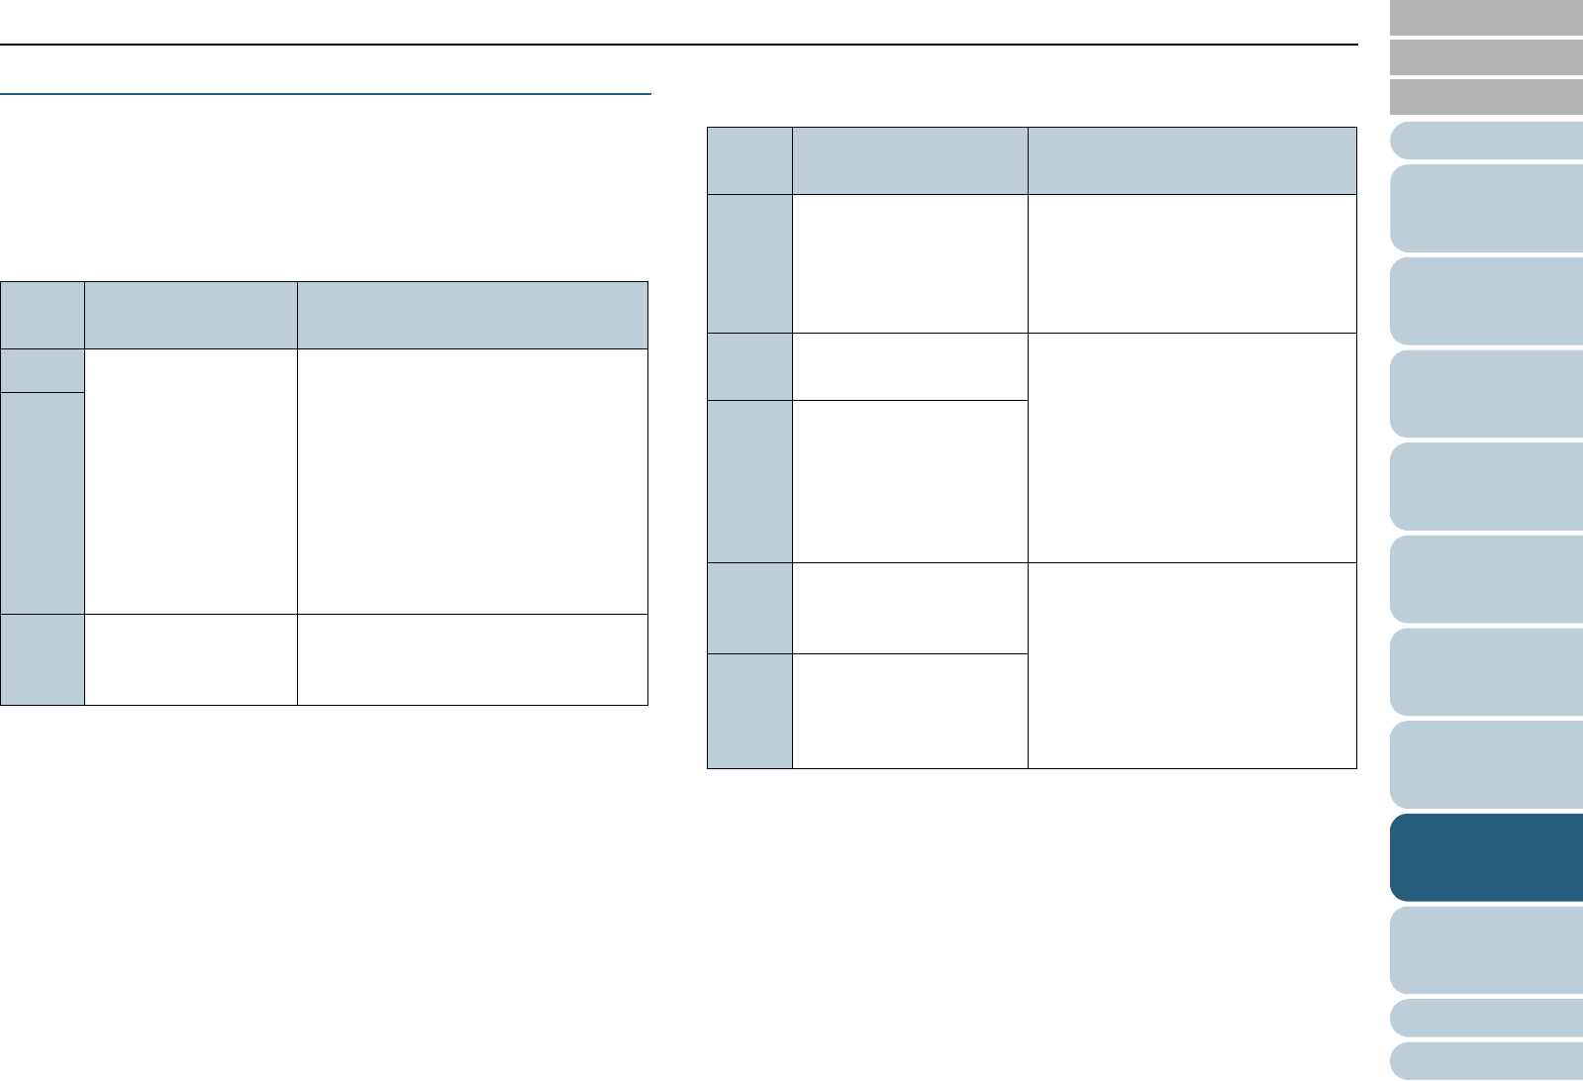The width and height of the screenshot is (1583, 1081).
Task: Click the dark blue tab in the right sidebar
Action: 1485,857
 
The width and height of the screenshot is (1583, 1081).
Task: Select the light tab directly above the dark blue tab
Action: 1485,765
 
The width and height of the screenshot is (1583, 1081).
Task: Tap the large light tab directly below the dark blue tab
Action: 1485,950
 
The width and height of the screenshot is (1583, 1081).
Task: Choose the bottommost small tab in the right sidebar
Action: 1485,1061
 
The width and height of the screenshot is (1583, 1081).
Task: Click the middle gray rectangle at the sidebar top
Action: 1485,57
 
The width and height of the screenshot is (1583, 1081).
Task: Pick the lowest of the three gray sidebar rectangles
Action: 1485,97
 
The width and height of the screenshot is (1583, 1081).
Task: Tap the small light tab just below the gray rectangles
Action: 1485,141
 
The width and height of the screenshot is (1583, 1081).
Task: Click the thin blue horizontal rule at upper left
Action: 326,95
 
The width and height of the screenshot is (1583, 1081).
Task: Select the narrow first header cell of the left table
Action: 42,315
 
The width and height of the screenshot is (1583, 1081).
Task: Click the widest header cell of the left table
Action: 472,315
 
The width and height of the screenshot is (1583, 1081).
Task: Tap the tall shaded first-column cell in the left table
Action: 42,503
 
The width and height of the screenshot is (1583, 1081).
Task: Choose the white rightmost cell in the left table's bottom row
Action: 472,659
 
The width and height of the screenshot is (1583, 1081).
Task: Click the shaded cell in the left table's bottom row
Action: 42,659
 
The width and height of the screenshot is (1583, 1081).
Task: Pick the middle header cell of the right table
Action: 910,160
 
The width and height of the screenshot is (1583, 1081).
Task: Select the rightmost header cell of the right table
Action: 1192,160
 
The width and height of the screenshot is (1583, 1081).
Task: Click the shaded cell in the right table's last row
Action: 749,711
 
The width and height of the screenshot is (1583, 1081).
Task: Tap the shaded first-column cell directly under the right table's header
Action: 749,263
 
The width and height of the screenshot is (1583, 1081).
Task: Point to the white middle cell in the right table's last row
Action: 910,711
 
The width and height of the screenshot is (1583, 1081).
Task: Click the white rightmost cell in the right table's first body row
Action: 1192,263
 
